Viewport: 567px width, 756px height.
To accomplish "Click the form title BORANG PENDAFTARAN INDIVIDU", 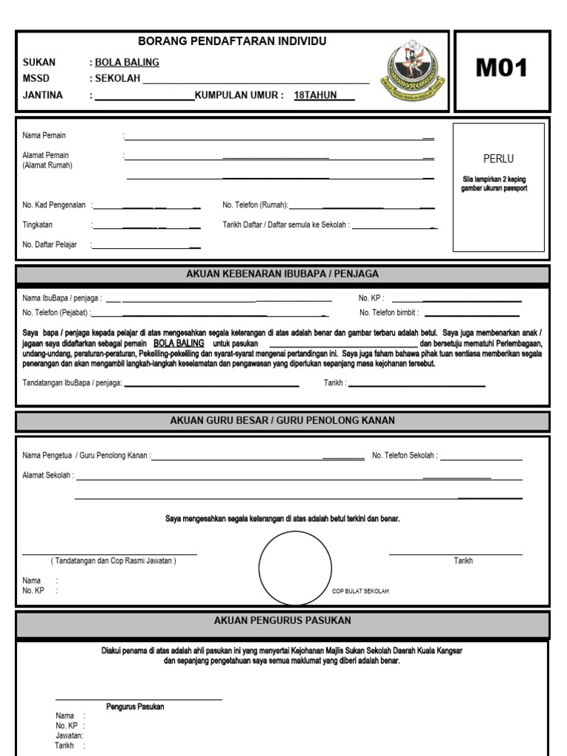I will tap(232, 41).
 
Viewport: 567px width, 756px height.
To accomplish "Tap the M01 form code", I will tap(501, 69).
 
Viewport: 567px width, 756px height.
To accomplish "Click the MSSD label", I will tap(36, 79).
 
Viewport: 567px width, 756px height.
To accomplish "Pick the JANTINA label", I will tap(43, 95).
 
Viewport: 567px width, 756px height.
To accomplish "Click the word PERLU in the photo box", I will tap(498, 159).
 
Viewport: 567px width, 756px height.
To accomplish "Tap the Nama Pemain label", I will tap(44, 136).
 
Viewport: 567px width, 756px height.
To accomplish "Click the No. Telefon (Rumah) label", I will tap(255, 205).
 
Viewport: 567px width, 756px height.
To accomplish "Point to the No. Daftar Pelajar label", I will tap(49, 244).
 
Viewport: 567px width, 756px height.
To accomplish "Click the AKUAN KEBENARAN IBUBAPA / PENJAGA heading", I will tap(283, 274).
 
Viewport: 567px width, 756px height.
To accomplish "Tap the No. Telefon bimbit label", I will tap(389, 313).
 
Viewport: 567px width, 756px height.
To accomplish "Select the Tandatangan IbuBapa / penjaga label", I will tap(72, 382).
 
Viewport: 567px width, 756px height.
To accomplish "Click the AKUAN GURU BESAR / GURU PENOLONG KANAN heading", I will tap(283, 421).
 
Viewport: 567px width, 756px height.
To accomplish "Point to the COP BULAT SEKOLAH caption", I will tap(360, 591).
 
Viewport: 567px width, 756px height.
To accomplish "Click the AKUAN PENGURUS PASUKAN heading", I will tap(283, 620).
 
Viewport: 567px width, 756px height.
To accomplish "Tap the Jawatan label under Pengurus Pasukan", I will tap(69, 735).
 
